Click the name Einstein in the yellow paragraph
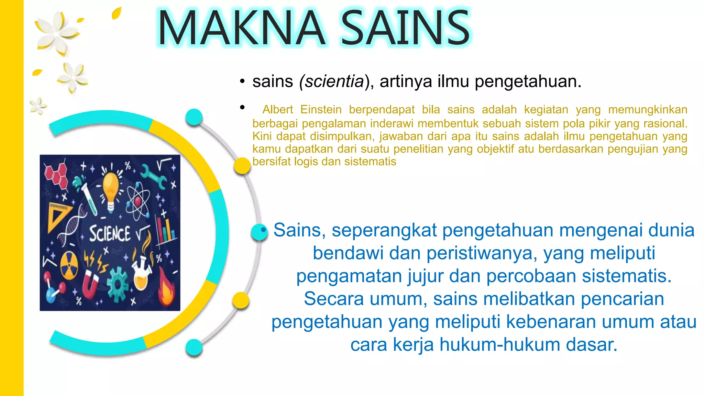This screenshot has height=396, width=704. [321, 110]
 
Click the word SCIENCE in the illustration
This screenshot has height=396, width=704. [110, 233]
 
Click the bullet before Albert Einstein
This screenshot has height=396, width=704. [242, 108]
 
